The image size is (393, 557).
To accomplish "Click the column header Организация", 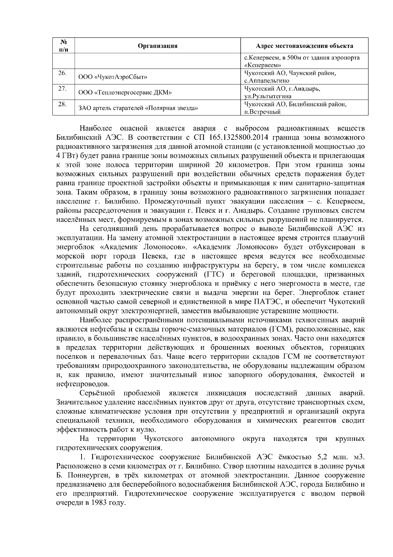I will (158, 46).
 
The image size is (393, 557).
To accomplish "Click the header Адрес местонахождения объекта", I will (304, 46).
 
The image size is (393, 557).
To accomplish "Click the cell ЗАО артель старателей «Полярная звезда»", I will (138, 108).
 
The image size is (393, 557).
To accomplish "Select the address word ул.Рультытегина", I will (268, 96).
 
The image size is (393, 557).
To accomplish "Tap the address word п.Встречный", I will (263, 112).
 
